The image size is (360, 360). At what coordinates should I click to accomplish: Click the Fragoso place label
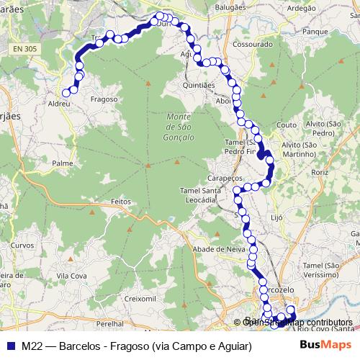tap(104, 99)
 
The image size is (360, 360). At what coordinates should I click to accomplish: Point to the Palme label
tap(63, 163)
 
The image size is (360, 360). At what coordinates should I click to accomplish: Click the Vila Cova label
tap(72, 275)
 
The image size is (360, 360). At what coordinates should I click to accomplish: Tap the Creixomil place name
tap(140, 297)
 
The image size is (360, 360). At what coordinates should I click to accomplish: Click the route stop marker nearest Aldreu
tap(66, 92)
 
